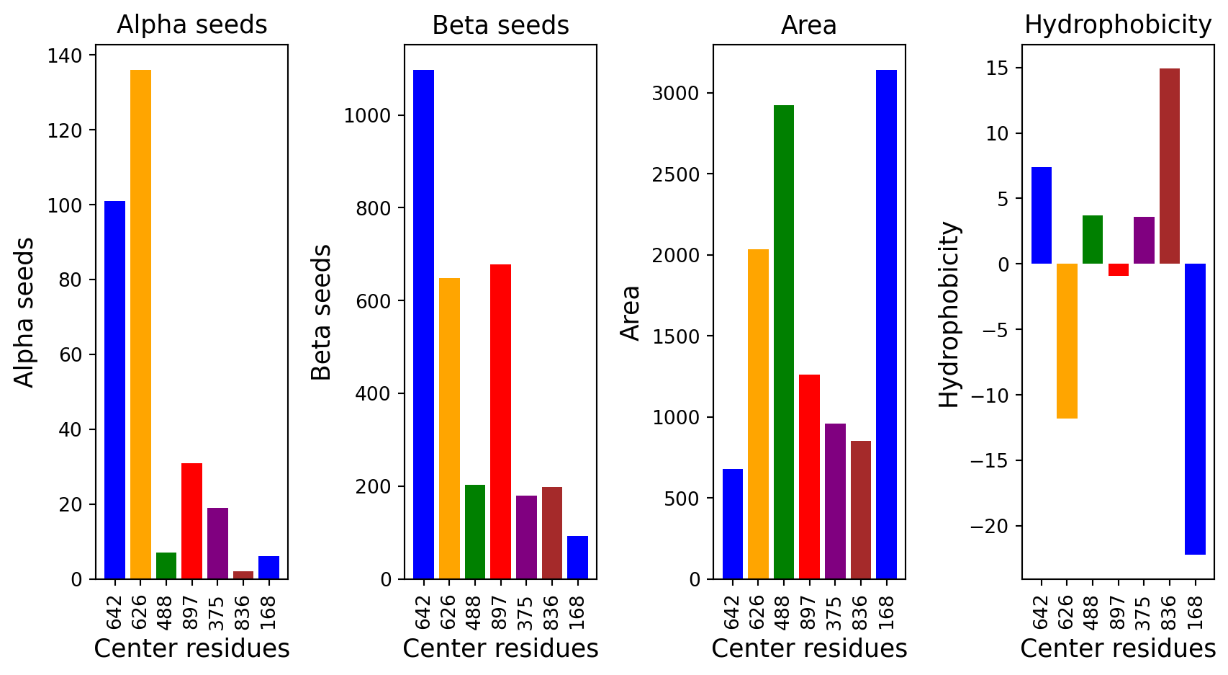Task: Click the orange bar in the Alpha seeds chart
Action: [x=140, y=324]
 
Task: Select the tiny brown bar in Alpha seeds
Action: [x=243, y=575]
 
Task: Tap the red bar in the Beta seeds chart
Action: [x=500, y=421]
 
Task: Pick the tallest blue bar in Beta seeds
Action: [x=423, y=324]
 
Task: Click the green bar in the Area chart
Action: [x=784, y=342]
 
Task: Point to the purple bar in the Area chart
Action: [x=835, y=501]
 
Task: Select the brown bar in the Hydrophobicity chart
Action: [x=1169, y=166]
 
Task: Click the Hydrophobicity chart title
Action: [x=1117, y=25]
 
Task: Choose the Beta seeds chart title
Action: [x=500, y=26]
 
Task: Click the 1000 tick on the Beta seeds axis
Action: [x=366, y=116]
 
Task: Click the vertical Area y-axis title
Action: [x=631, y=312]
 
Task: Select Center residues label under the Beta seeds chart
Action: [x=500, y=649]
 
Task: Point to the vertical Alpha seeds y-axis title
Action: [x=24, y=312]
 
